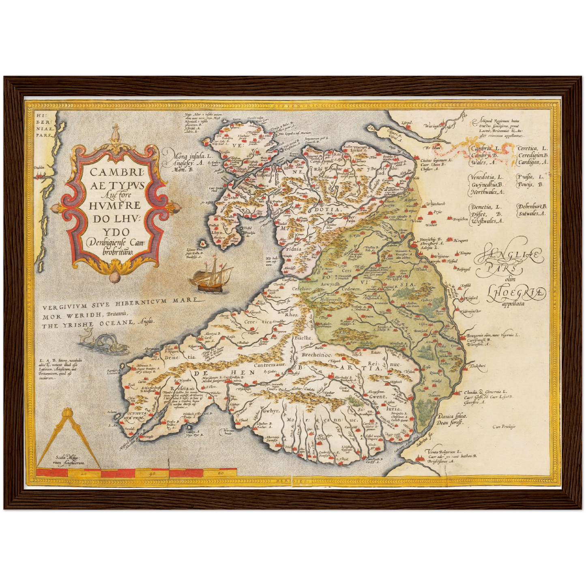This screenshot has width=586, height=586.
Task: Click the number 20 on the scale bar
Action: pos(84,473)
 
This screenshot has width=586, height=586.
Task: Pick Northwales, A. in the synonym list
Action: pos(487,192)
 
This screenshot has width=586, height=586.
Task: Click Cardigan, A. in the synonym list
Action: pos(533,162)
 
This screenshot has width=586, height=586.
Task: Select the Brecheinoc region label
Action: pos(320,355)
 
